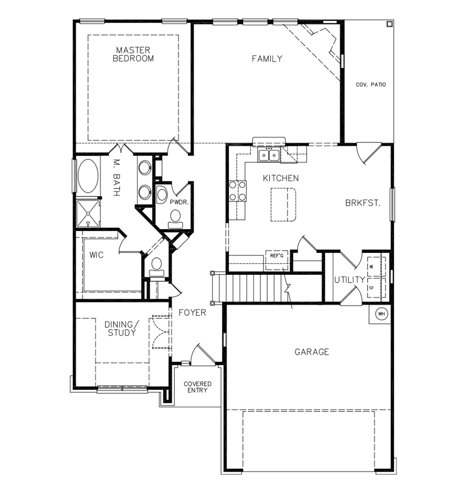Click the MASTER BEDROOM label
[x=133, y=54]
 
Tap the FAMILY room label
[x=267, y=59]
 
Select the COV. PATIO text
[x=371, y=84]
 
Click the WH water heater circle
[x=381, y=314]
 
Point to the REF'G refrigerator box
[x=277, y=260]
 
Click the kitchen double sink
[x=269, y=155]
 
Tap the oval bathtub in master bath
[x=88, y=176]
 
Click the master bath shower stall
[x=88, y=214]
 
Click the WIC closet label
[x=96, y=255]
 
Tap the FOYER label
[x=192, y=313]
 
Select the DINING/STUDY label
[x=122, y=329]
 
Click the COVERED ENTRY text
[x=197, y=387]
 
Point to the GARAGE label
[x=312, y=352]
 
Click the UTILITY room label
[x=350, y=280]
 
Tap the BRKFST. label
[x=363, y=203]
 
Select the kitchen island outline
[x=283, y=205]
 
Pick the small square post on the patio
[x=390, y=24]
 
